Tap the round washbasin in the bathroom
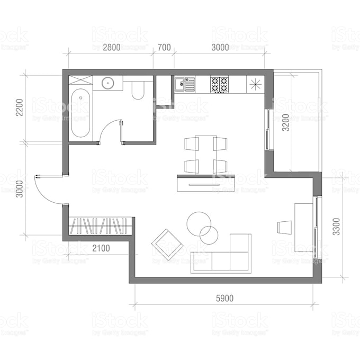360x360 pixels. point(108,83)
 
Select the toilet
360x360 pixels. point(138,90)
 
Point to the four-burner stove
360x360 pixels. point(220,84)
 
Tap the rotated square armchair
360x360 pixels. point(168,244)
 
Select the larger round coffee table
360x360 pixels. point(199,223)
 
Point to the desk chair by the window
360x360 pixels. point(285,227)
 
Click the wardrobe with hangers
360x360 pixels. point(99,226)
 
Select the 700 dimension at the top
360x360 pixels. point(164,47)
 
